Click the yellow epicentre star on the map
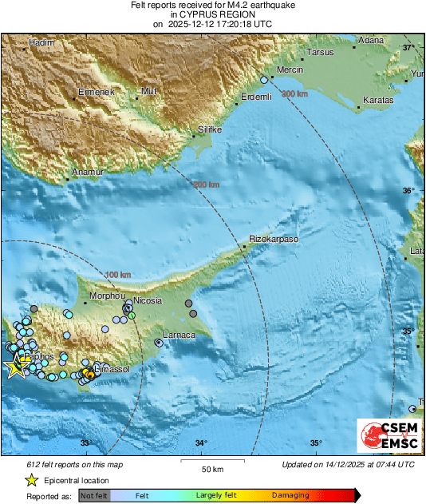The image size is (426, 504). tap(14, 367)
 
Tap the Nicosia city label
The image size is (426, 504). tap(148, 301)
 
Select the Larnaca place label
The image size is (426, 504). tap(179, 335)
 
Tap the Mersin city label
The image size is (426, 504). tap(290, 70)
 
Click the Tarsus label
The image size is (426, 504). tap(321, 53)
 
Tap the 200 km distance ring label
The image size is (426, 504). tap(207, 185)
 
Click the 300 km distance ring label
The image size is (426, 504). tap(294, 94)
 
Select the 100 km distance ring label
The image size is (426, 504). tap(117, 275)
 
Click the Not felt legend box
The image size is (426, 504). tap(94, 496)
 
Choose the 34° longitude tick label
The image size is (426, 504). tap(201, 443)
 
